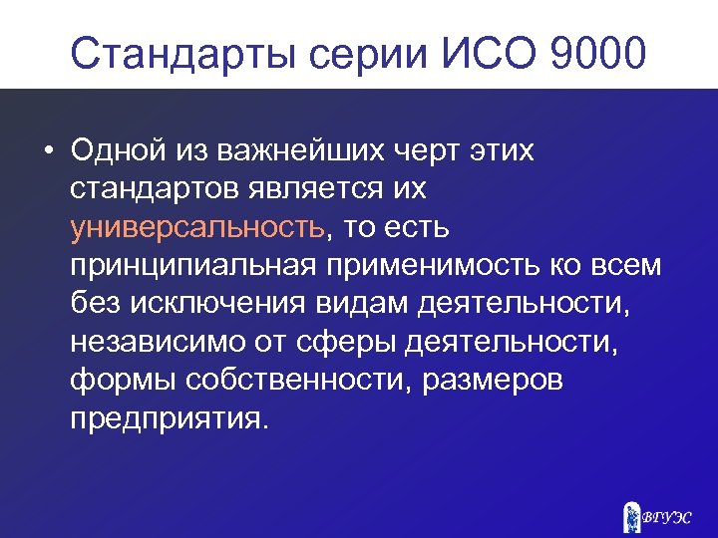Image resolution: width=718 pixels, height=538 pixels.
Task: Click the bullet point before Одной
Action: click(48, 153)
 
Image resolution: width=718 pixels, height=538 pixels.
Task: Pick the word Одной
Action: click(114, 151)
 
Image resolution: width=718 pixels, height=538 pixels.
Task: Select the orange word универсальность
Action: click(197, 227)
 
